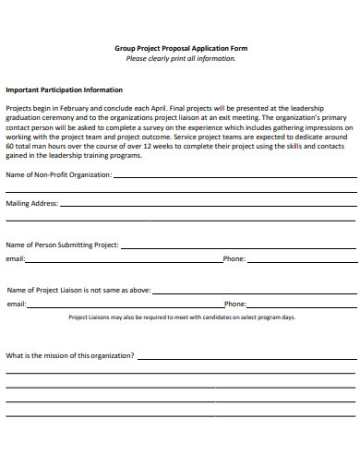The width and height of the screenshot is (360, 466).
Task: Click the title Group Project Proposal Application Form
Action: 180,48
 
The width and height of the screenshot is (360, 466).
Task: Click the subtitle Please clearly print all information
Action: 180,58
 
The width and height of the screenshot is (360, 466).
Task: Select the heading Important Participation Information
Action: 65,90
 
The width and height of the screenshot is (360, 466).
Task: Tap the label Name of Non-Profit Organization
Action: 59,174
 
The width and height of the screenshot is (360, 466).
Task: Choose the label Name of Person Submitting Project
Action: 63,245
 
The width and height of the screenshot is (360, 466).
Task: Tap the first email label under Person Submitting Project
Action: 15,259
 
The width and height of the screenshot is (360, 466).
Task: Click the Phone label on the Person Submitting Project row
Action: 234,259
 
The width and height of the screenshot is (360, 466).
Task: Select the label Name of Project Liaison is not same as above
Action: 78,289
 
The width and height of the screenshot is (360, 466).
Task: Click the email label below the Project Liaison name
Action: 16,304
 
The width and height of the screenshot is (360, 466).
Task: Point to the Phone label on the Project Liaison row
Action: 235,304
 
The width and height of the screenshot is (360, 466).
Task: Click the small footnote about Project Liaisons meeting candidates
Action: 182,317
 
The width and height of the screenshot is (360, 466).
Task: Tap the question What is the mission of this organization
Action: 70,355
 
